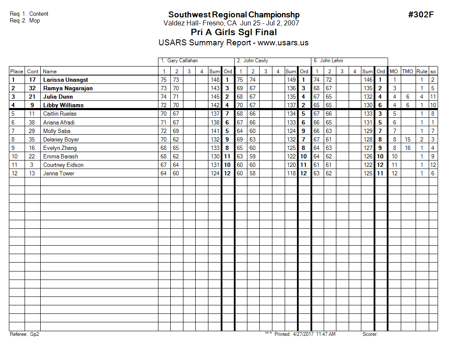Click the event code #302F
coord(421,15)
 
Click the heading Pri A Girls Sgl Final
coord(234,33)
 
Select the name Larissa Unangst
coord(66,80)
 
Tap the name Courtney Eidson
coord(63,165)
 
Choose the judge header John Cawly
coord(255,61)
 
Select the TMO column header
coord(407,72)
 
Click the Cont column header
coord(33,72)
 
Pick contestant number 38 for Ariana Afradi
coord(32,122)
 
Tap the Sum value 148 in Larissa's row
coord(215,80)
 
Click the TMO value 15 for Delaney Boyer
coord(408,139)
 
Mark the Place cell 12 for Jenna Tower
coord(14,173)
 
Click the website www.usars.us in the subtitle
coord(283,43)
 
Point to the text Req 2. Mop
coord(25,20)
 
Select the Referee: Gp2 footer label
coord(24,334)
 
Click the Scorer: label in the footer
coord(370,334)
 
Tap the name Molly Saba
coord(57,131)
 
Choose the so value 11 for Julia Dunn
coord(433,97)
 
